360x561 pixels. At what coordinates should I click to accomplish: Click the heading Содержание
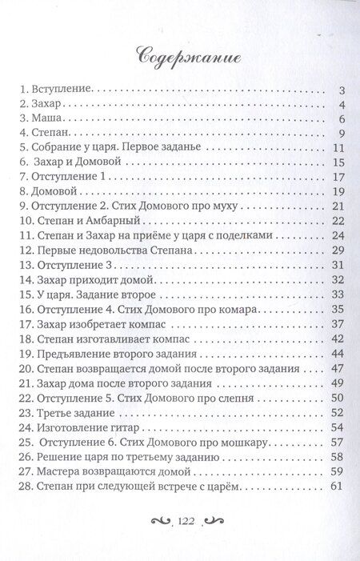pos(179,57)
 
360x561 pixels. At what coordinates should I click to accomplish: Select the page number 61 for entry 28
pos(336,486)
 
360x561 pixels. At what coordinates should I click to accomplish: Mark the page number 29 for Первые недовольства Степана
pos(336,250)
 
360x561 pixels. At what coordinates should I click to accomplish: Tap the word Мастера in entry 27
pos(58,471)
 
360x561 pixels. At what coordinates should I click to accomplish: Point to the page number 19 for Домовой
pos(336,191)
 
